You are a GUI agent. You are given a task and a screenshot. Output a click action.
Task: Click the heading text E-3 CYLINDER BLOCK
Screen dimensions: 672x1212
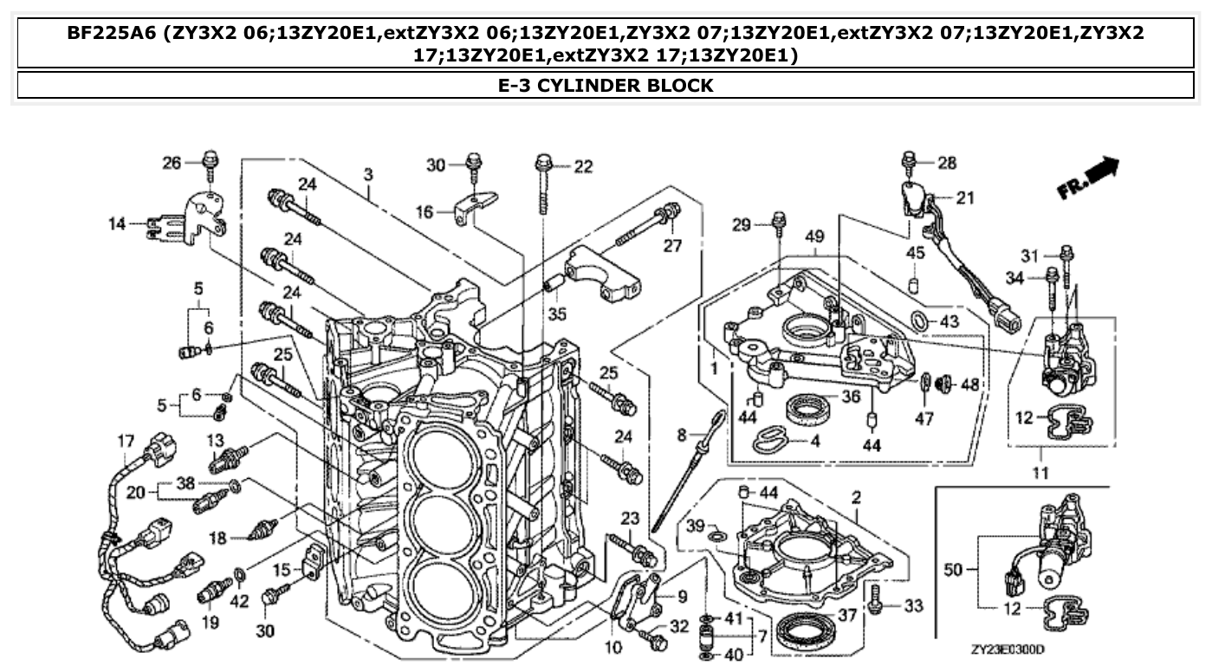(606, 86)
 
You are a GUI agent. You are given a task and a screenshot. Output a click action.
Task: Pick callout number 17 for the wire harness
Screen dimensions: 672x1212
(126, 442)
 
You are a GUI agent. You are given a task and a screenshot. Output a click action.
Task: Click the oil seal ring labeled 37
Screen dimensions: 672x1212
(806, 628)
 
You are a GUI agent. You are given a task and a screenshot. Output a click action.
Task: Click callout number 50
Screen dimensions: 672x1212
(954, 569)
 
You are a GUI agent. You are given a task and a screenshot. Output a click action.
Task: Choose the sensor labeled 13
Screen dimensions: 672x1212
(227, 458)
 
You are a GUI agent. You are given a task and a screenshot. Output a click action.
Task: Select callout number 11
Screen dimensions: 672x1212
(1040, 473)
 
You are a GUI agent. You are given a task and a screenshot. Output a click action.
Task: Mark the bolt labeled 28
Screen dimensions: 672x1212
(909, 162)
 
